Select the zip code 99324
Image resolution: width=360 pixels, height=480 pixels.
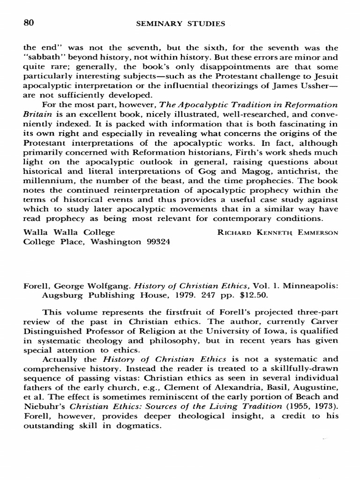(157, 242)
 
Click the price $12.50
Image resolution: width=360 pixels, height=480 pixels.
(231, 294)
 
